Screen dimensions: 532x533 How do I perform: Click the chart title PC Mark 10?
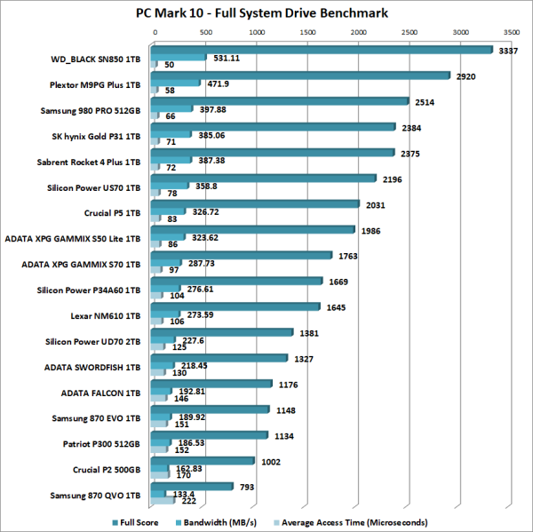[266, 12]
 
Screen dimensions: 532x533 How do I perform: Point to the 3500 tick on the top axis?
[510, 31]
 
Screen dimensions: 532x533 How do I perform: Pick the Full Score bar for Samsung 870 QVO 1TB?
[194, 485]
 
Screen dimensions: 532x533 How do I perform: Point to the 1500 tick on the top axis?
[307, 31]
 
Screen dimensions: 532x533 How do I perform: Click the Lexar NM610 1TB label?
[108, 315]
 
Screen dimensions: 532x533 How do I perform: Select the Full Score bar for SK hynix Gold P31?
[274, 126]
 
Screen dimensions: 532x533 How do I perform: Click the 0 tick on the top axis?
[155, 31]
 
